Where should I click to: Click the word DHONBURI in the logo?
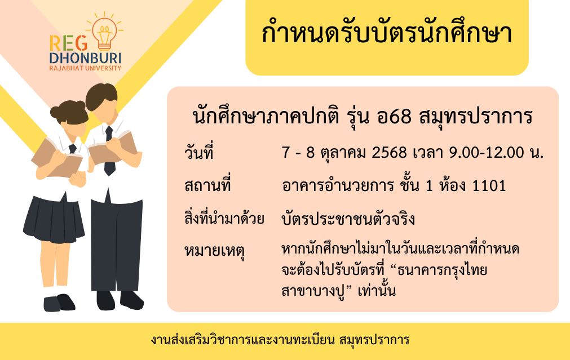pyautogui.click(x=86, y=58)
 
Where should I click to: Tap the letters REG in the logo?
pyautogui.click(x=69, y=43)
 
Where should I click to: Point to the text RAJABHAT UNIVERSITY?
pyautogui.click(x=86, y=68)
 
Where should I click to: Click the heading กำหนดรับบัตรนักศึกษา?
pyautogui.click(x=387, y=33)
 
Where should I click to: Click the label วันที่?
pyautogui.click(x=198, y=152)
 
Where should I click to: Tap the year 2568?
pyautogui.click(x=389, y=153)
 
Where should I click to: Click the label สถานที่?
pyautogui.click(x=207, y=185)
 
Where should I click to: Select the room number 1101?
pyautogui.click(x=489, y=186)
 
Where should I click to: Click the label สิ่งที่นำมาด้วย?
pyautogui.click(x=224, y=219)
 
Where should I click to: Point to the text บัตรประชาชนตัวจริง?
pyautogui.click(x=348, y=219)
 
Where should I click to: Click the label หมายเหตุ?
pyautogui.click(x=214, y=251)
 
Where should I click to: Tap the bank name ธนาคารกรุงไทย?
pyautogui.click(x=442, y=270)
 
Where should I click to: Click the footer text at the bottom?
pyautogui.click(x=280, y=340)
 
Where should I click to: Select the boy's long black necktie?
pyautogui.click(x=109, y=151)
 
